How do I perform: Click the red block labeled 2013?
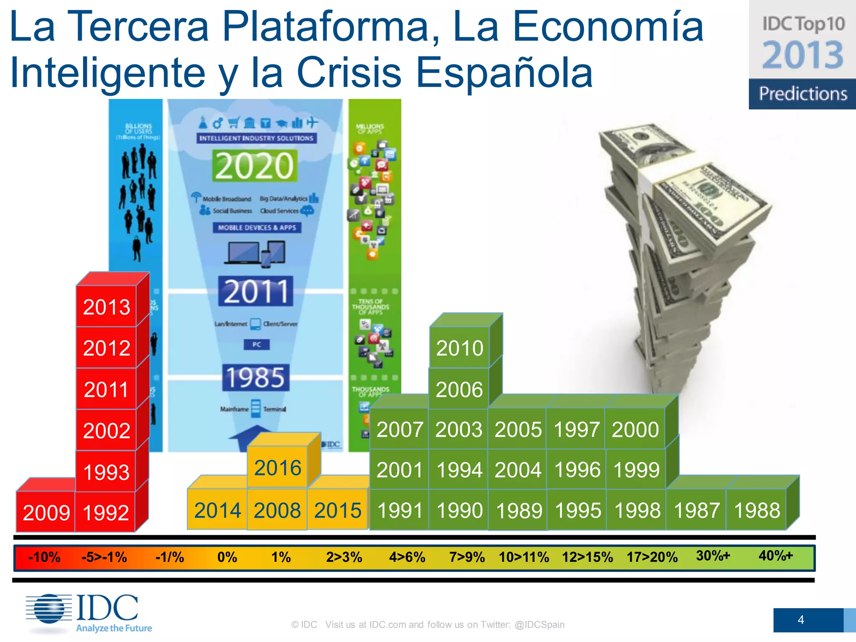click(107, 307)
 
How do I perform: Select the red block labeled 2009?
click(46, 512)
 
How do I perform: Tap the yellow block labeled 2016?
click(278, 467)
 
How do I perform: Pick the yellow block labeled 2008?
click(277, 510)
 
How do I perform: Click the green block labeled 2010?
click(459, 348)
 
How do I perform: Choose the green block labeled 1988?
click(757, 510)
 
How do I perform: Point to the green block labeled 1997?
click(576, 429)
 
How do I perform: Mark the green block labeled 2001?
click(399, 469)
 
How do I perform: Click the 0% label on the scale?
click(227, 557)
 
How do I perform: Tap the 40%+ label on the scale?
click(775, 556)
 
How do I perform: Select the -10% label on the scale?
click(44, 557)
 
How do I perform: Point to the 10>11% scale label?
click(524, 557)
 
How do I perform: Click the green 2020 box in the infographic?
click(255, 166)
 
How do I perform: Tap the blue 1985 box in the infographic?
click(255, 377)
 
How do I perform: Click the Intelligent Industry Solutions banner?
click(256, 138)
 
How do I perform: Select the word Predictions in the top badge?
click(802, 94)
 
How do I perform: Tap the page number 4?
click(800, 620)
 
